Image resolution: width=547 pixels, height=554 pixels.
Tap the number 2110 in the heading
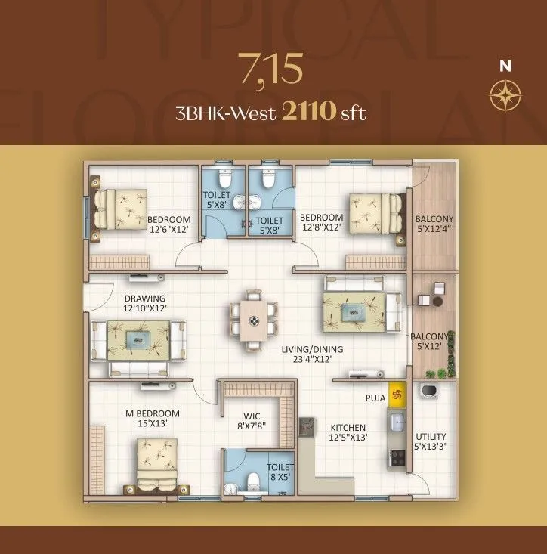tap(307, 113)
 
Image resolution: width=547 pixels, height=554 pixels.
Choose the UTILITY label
tap(431, 441)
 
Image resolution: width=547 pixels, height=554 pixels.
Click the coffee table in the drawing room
tap(138, 340)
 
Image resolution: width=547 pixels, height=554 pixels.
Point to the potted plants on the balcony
tap(437, 372)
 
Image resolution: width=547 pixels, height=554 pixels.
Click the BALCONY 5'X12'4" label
tap(434, 224)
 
